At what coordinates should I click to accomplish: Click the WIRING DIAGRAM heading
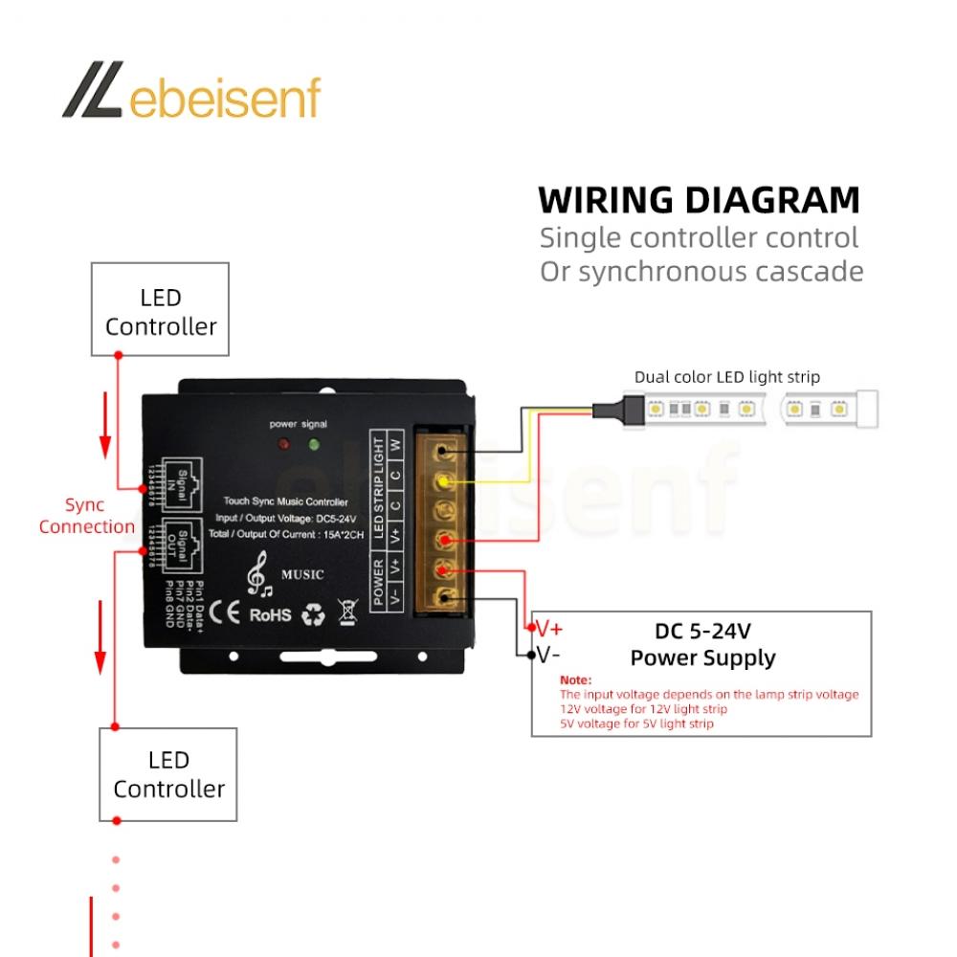(699, 201)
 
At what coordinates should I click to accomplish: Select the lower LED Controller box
(168, 774)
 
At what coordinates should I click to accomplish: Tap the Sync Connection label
(87, 516)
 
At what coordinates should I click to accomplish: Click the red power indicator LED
(283, 445)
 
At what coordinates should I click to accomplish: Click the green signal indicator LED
(313, 445)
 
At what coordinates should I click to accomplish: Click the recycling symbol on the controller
(313, 614)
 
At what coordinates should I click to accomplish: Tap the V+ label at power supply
(549, 629)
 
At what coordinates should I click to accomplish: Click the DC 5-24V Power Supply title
(702, 644)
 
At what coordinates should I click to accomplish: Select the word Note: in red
(576, 679)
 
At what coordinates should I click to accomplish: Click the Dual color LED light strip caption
(726, 377)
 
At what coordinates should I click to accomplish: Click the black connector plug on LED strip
(608, 409)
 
